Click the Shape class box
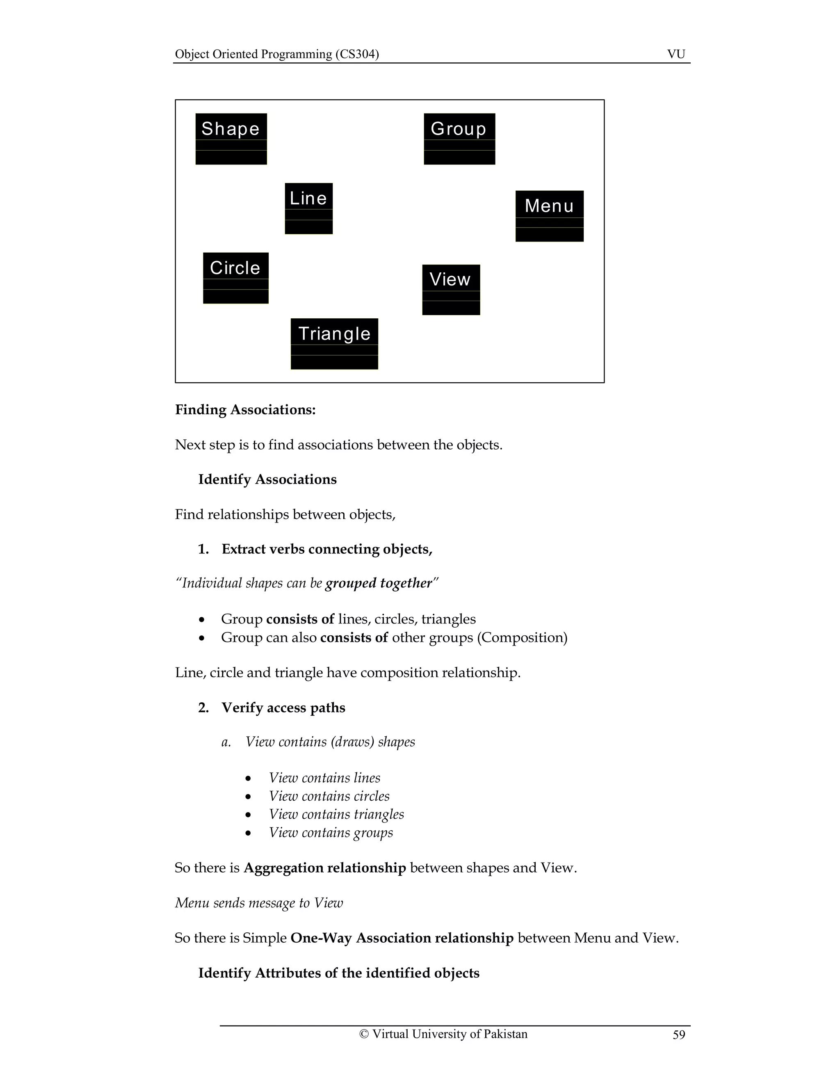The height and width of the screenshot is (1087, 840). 231,139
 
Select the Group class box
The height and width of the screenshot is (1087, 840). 459,139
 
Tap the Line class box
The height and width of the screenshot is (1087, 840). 308,208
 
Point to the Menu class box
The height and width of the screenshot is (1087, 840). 549,216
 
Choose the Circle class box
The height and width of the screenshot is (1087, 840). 235,278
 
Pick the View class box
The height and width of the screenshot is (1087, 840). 451,290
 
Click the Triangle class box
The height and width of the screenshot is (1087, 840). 334,344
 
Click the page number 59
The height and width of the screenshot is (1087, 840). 679,1035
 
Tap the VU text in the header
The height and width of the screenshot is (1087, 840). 676,54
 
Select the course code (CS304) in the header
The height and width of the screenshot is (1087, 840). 357,54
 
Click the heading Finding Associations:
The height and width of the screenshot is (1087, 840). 245,410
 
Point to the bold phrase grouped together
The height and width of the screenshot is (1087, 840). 379,583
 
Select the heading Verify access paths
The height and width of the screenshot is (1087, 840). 283,707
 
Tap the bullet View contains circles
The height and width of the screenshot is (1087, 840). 329,796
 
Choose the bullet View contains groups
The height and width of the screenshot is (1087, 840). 331,832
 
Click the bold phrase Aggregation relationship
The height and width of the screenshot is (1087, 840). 324,868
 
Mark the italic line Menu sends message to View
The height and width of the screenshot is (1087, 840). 259,903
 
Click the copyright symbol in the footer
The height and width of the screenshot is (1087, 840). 364,1034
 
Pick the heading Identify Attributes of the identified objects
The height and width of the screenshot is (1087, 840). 338,973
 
